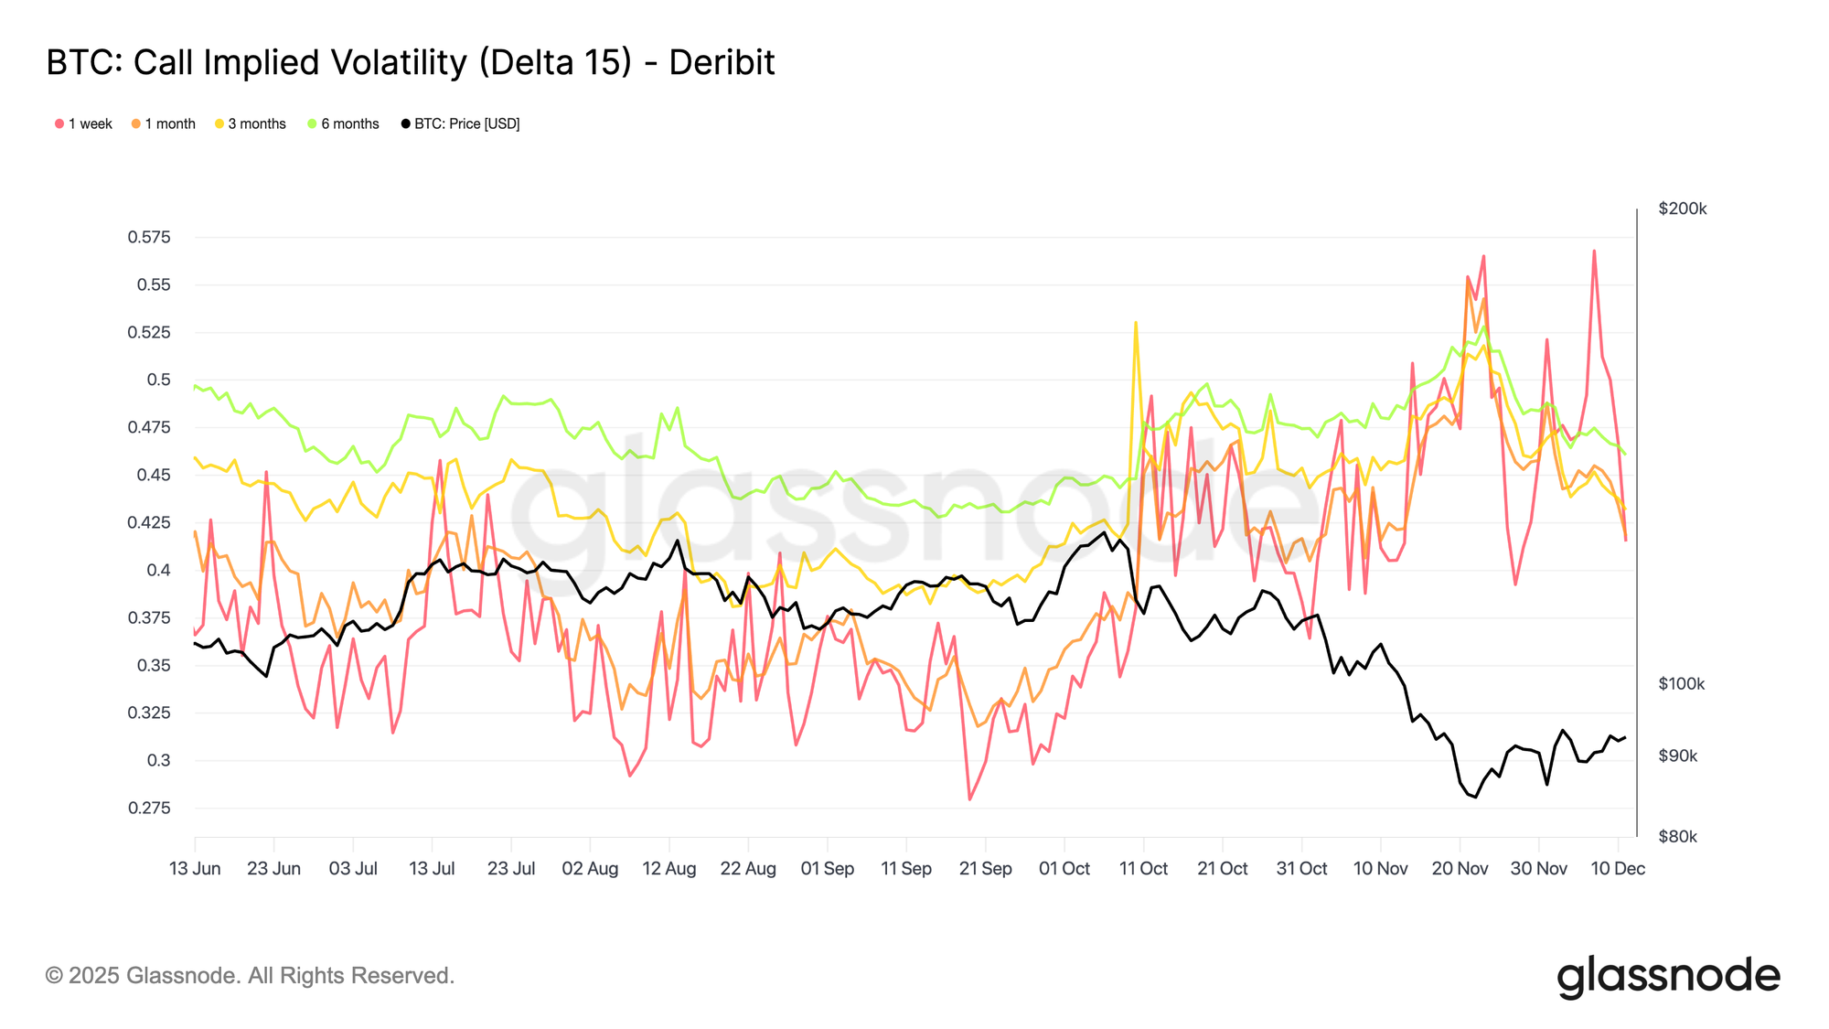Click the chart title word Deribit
722,63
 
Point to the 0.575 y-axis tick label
149,238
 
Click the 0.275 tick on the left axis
149,809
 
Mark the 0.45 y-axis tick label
153,476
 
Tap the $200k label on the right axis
1682,209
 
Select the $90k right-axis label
1677,756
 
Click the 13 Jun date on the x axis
195,869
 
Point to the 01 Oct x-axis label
1064,869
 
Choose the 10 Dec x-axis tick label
1618,869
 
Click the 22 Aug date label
748,869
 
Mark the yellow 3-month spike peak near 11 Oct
1136,323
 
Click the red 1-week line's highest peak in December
1594,251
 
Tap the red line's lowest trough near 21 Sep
969,799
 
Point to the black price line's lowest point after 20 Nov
1475,797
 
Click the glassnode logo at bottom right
1668,977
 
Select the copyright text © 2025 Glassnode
250,976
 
